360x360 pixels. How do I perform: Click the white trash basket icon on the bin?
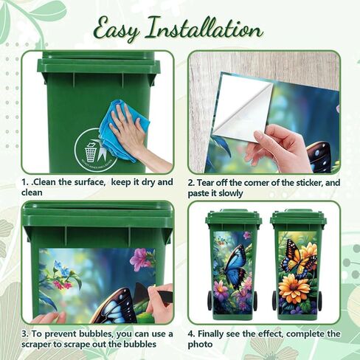click(x=90, y=153)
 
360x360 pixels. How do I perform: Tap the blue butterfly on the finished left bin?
click(x=234, y=267)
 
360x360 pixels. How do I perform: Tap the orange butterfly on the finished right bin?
click(x=297, y=259)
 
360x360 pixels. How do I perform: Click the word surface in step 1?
click(x=83, y=182)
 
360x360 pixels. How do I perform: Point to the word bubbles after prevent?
click(x=97, y=333)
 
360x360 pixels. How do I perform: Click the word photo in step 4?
click(x=200, y=345)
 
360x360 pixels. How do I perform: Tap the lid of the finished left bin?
click(x=234, y=216)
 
